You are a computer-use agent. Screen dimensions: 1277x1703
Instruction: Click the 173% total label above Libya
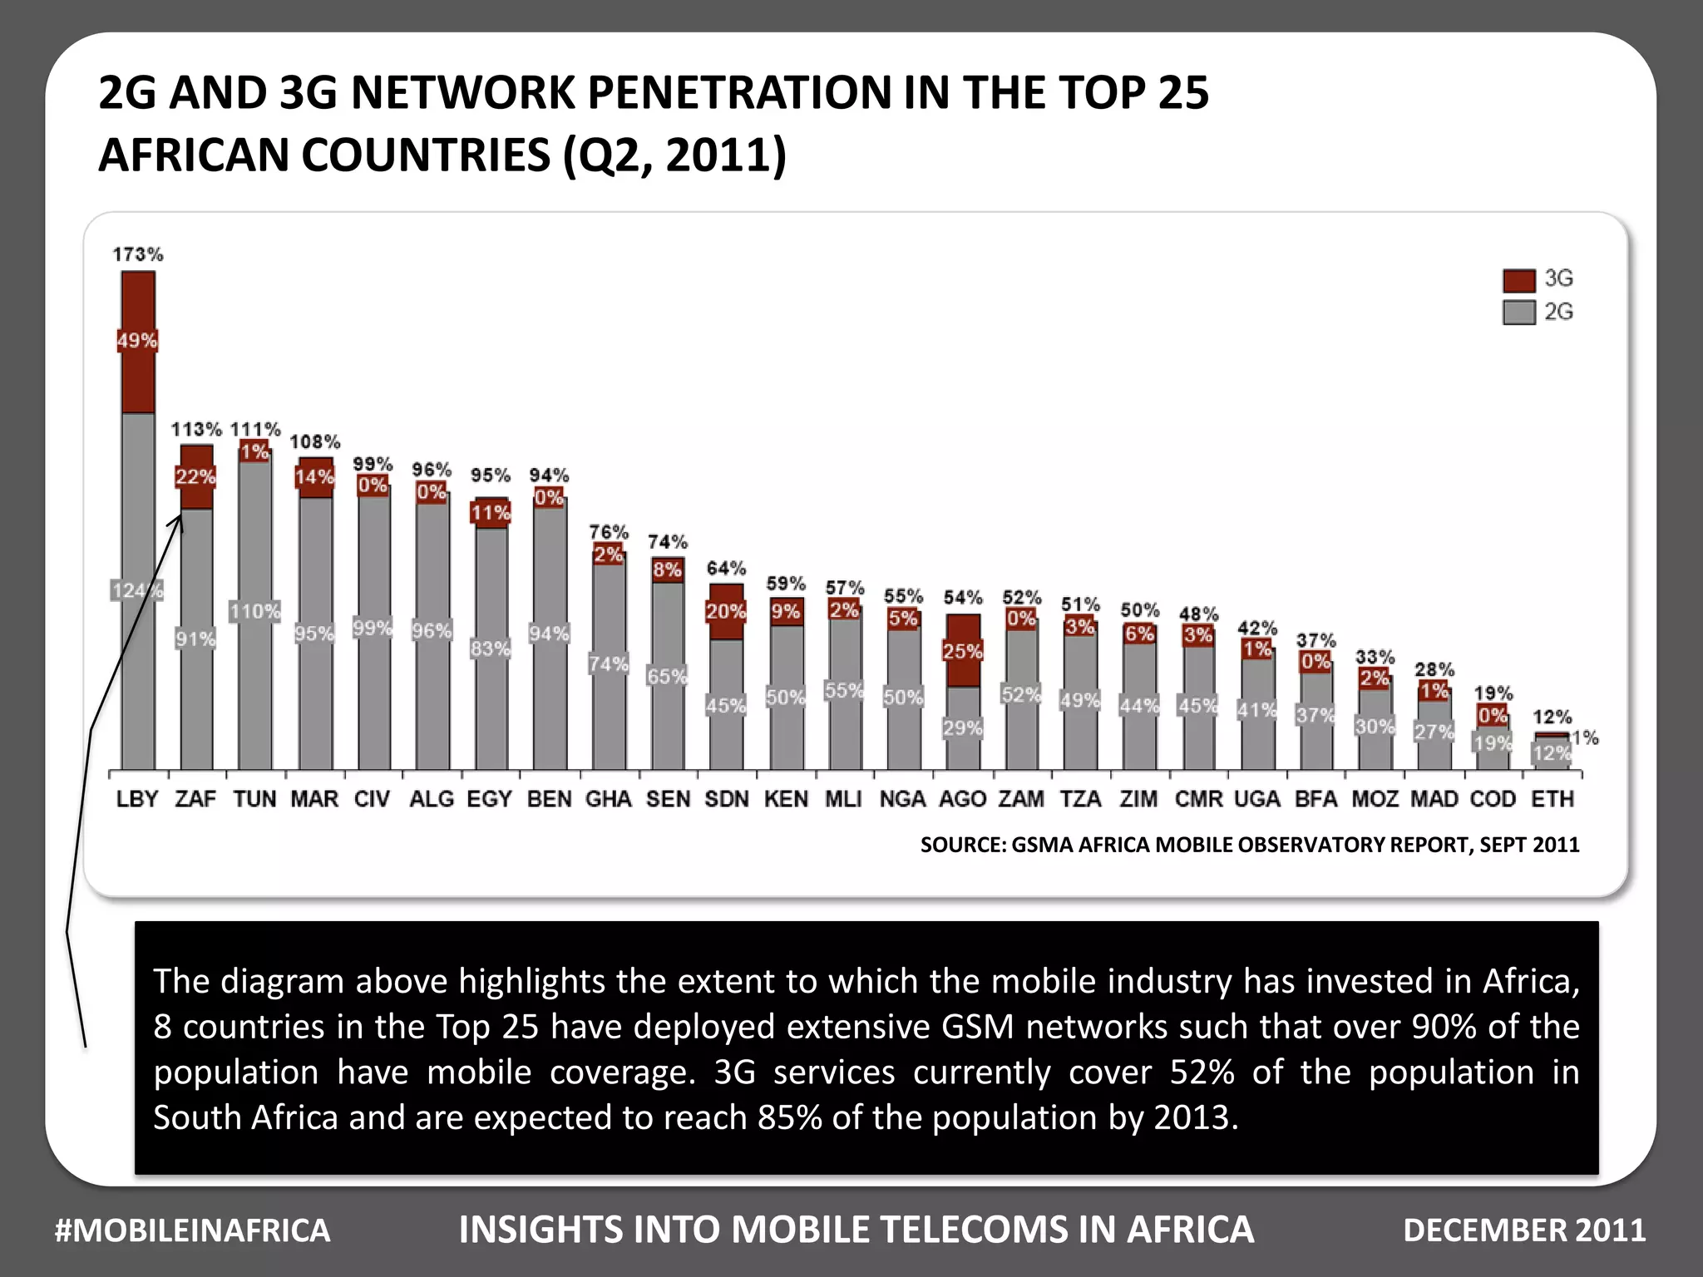pos(138,254)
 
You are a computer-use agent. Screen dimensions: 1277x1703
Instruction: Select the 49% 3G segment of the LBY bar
pos(137,341)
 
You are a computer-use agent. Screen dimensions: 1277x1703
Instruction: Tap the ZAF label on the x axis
pos(195,799)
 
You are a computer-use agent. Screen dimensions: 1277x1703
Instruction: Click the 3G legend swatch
pos(1518,280)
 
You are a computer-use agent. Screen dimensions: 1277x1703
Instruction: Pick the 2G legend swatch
pos(1518,313)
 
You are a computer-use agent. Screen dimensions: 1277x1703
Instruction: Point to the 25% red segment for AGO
pos(963,650)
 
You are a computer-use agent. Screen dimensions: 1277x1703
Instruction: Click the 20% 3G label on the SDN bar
pos(725,612)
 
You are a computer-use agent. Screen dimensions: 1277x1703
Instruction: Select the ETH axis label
pos(1552,799)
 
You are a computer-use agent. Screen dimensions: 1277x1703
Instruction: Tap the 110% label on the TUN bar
pos(255,612)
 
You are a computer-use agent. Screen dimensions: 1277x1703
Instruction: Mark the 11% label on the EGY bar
pos(491,513)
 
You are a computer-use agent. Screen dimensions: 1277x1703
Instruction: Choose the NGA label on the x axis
pos(902,799)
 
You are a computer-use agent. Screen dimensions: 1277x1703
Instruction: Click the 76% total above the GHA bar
pos(609,532)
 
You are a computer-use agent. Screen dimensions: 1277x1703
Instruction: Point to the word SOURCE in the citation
pos(961,845)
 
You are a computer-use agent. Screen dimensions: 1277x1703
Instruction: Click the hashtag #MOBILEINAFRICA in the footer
pos(192,1230)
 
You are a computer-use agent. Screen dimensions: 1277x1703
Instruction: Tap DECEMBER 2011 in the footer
pos(1524,1230)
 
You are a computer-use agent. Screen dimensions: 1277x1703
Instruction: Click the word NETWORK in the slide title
pos(462,93)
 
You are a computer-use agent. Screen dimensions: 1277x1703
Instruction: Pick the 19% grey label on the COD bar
pos(1493,743)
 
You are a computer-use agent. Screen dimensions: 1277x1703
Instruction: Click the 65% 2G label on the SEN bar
pos(667,676)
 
